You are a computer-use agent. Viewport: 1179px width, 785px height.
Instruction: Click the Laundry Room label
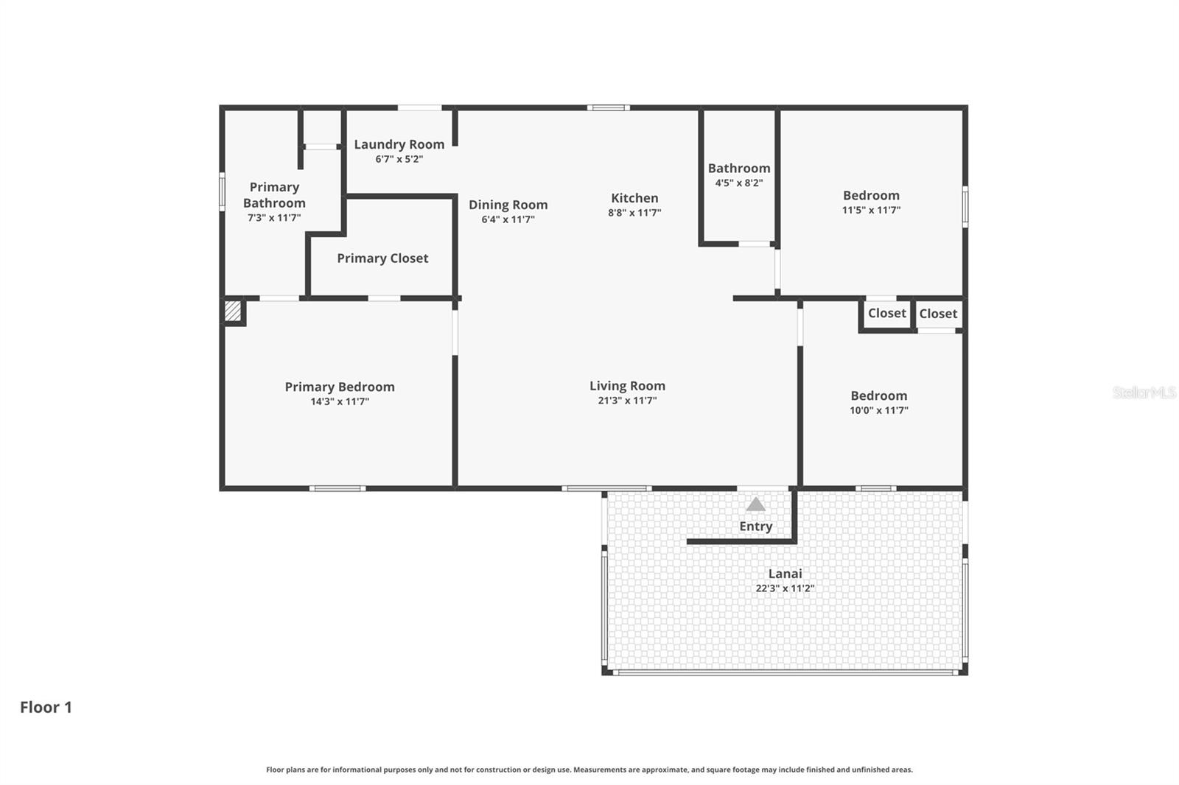click(x=399, y=144)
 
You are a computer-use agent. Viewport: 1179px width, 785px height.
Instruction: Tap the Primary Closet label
click(x=382, y=258)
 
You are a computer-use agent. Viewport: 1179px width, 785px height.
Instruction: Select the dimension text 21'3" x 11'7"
click(x=627, y=401)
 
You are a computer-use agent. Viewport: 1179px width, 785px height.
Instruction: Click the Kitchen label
click(x=634, y=198)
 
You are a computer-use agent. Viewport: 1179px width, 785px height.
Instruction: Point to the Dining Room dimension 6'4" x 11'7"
click(x=508, y=219)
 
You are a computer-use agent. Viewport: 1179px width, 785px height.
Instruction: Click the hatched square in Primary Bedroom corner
click(x=233, y=311)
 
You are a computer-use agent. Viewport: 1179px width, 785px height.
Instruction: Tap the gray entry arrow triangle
click(x=755, y=504)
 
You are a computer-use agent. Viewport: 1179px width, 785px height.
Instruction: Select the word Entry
click(x=756, y=527)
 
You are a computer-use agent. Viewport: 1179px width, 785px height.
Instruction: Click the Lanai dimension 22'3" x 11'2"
click(x=785, y=588)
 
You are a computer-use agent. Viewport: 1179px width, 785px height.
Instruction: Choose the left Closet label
click(x=886, y=313)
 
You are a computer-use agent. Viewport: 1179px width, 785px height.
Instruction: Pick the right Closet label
click(x=938, y=314)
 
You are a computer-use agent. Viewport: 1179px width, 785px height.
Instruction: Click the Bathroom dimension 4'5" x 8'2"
click(x=738, y=183)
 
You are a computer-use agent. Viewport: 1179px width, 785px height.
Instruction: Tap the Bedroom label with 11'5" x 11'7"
click(x=871, y=195)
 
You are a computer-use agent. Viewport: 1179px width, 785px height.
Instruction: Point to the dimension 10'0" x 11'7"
click(x=878, y=410)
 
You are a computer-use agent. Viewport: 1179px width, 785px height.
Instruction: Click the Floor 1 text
click(x=46, y=707)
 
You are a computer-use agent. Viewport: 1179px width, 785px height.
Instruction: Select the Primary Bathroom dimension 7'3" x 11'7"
click(x=274, y=218)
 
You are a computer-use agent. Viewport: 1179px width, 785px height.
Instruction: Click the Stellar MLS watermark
click(x=1144, y=392)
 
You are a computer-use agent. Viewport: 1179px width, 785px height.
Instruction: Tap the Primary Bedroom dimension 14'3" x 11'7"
click(x=340, y=401)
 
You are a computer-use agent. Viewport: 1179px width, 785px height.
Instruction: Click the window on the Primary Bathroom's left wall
click(x=222, y=191)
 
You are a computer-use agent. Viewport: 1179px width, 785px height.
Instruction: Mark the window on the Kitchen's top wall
click(x=608, y=108)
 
